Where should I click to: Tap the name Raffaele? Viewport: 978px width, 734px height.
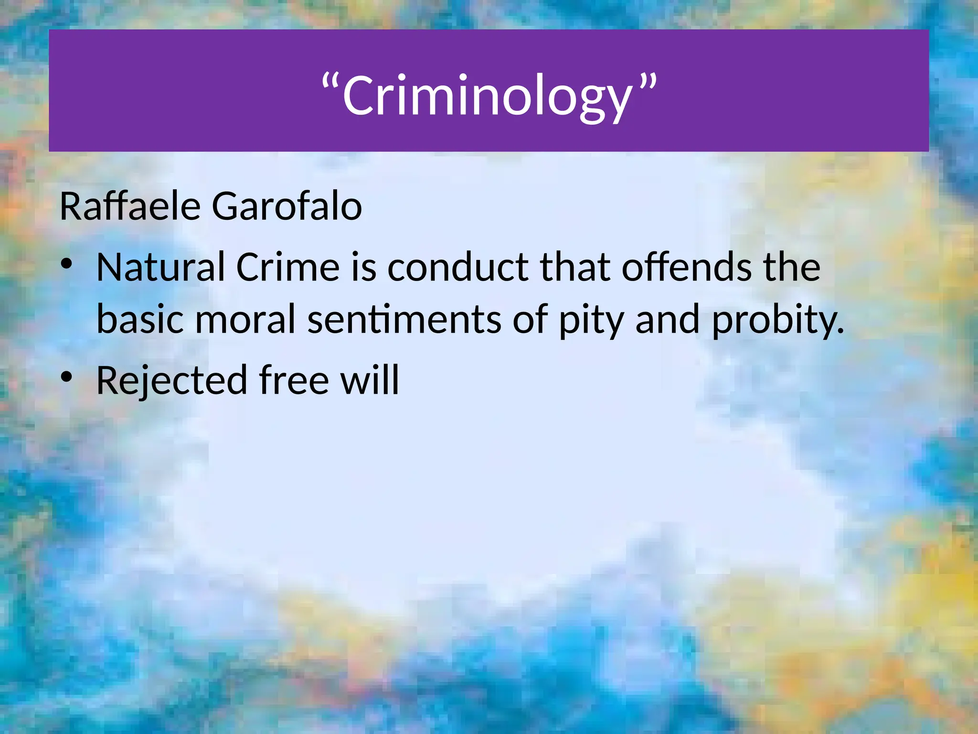point(130,206)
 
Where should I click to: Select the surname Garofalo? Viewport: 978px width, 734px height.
point(287,206)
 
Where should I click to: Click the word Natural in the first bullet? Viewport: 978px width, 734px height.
point(160,267)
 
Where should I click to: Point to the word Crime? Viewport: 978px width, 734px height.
point(287,267)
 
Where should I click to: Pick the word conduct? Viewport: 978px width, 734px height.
point(457,267)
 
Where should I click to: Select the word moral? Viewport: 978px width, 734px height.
point(245,320)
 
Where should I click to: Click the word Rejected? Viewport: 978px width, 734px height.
point(172,381)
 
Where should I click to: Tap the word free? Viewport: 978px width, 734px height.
point(294,380)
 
